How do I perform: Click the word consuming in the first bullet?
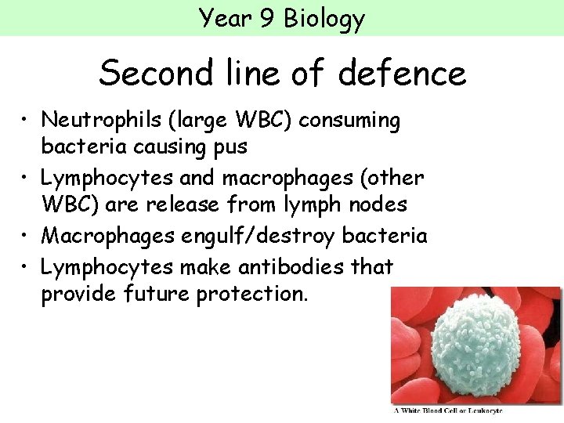pos(349,120)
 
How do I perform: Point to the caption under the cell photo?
pos(475,410)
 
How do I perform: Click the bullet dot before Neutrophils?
pos(26,121)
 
